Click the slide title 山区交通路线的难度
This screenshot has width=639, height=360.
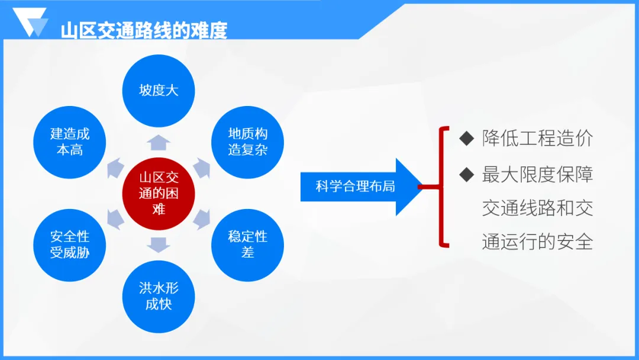coord(144,31)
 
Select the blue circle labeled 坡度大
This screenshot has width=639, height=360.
coord(159,91)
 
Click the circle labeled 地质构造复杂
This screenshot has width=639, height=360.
coord(247,142)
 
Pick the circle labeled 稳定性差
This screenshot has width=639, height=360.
coord(247,245)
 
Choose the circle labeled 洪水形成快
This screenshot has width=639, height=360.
coord(159,297)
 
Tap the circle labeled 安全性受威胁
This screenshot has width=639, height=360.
coord(70,245)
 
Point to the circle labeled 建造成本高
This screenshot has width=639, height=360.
coord(70,142)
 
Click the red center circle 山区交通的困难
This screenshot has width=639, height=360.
coord(159,194)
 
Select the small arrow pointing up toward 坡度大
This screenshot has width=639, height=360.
coord(159,142)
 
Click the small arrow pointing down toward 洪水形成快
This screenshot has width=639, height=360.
coord(159,245)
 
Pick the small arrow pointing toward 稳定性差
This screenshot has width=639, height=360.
coord(202,219)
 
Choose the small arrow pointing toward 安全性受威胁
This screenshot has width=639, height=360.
coord(115,219)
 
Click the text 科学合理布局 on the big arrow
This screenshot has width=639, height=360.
coord(356,187)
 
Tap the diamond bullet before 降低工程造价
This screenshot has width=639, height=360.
coord(467,138)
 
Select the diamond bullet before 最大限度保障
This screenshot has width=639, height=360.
coord(467,174)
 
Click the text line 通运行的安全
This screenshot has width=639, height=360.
coord(537,242)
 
